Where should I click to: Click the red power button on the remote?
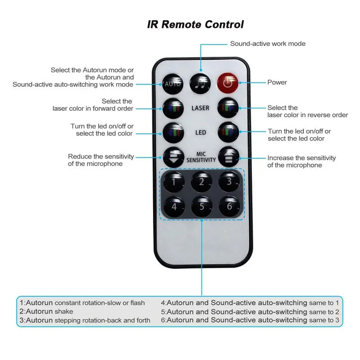pos(229,83)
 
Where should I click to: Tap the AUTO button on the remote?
pos(173,83)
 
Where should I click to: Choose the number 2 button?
pos(201,181)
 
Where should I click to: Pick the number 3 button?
pos(229,181)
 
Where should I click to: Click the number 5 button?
pos(201,207)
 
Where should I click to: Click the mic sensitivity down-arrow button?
pos(173,157)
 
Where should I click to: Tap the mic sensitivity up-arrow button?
pos(229,157)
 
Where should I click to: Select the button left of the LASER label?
pos(173,108)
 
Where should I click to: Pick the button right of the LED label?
pos(229,132)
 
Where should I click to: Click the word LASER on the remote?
pos(201,108)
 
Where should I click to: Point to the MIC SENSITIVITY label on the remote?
pos(201,157)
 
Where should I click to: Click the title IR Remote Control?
pos(195,24)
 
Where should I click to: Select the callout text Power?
pos(277,82)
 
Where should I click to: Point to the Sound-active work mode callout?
pos(268,44)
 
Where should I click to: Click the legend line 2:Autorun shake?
pos(46,311)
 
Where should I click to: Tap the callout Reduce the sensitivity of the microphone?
pos(101,160)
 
